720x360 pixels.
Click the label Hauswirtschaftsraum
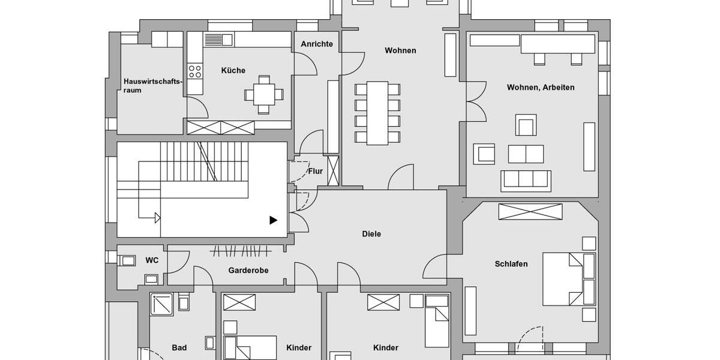click(x=152, y=86)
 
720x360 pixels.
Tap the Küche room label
click(x=233, y=71)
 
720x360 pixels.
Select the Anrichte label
click(x=317, y=44)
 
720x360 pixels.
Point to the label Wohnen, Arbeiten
click(x=541, y=88)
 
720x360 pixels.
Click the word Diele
click(x=371, y=234)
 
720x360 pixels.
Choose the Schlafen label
click(x=511, y=264)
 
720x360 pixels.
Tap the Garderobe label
click(x=248, y=271)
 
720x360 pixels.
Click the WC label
click(x=152, y=260)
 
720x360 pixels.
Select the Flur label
click(x=316, y=172)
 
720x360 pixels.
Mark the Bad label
click(x=179, y=348)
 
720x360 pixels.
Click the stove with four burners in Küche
click(x=195, y=71)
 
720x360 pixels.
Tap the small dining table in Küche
click(x=264, y=94)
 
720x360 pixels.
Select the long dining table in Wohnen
click(x=377, y=113)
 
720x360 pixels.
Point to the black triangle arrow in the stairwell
click(x=273, y=220)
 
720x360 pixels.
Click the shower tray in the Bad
click(x=161, y=304)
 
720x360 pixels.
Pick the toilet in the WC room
click(x=128, y=260)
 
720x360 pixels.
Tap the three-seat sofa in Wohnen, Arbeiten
click(x=526, y=180)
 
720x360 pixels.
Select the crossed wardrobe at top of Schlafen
click(x=530, y=212)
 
